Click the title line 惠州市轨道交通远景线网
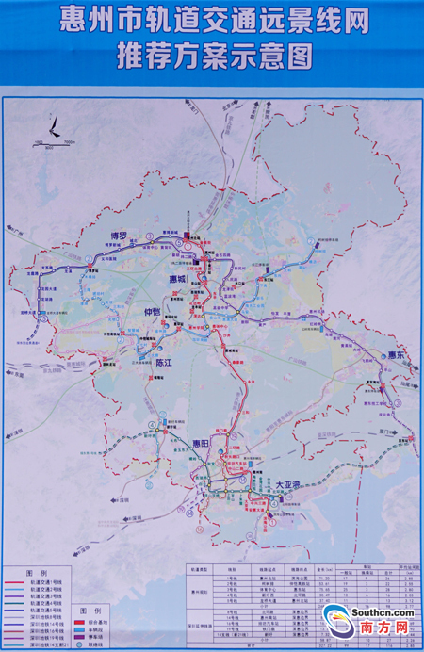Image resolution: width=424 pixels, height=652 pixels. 212,20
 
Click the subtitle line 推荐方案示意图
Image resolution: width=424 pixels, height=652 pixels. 212,57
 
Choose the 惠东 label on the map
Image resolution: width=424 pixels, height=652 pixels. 395,355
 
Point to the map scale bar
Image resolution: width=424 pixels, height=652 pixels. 52,141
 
